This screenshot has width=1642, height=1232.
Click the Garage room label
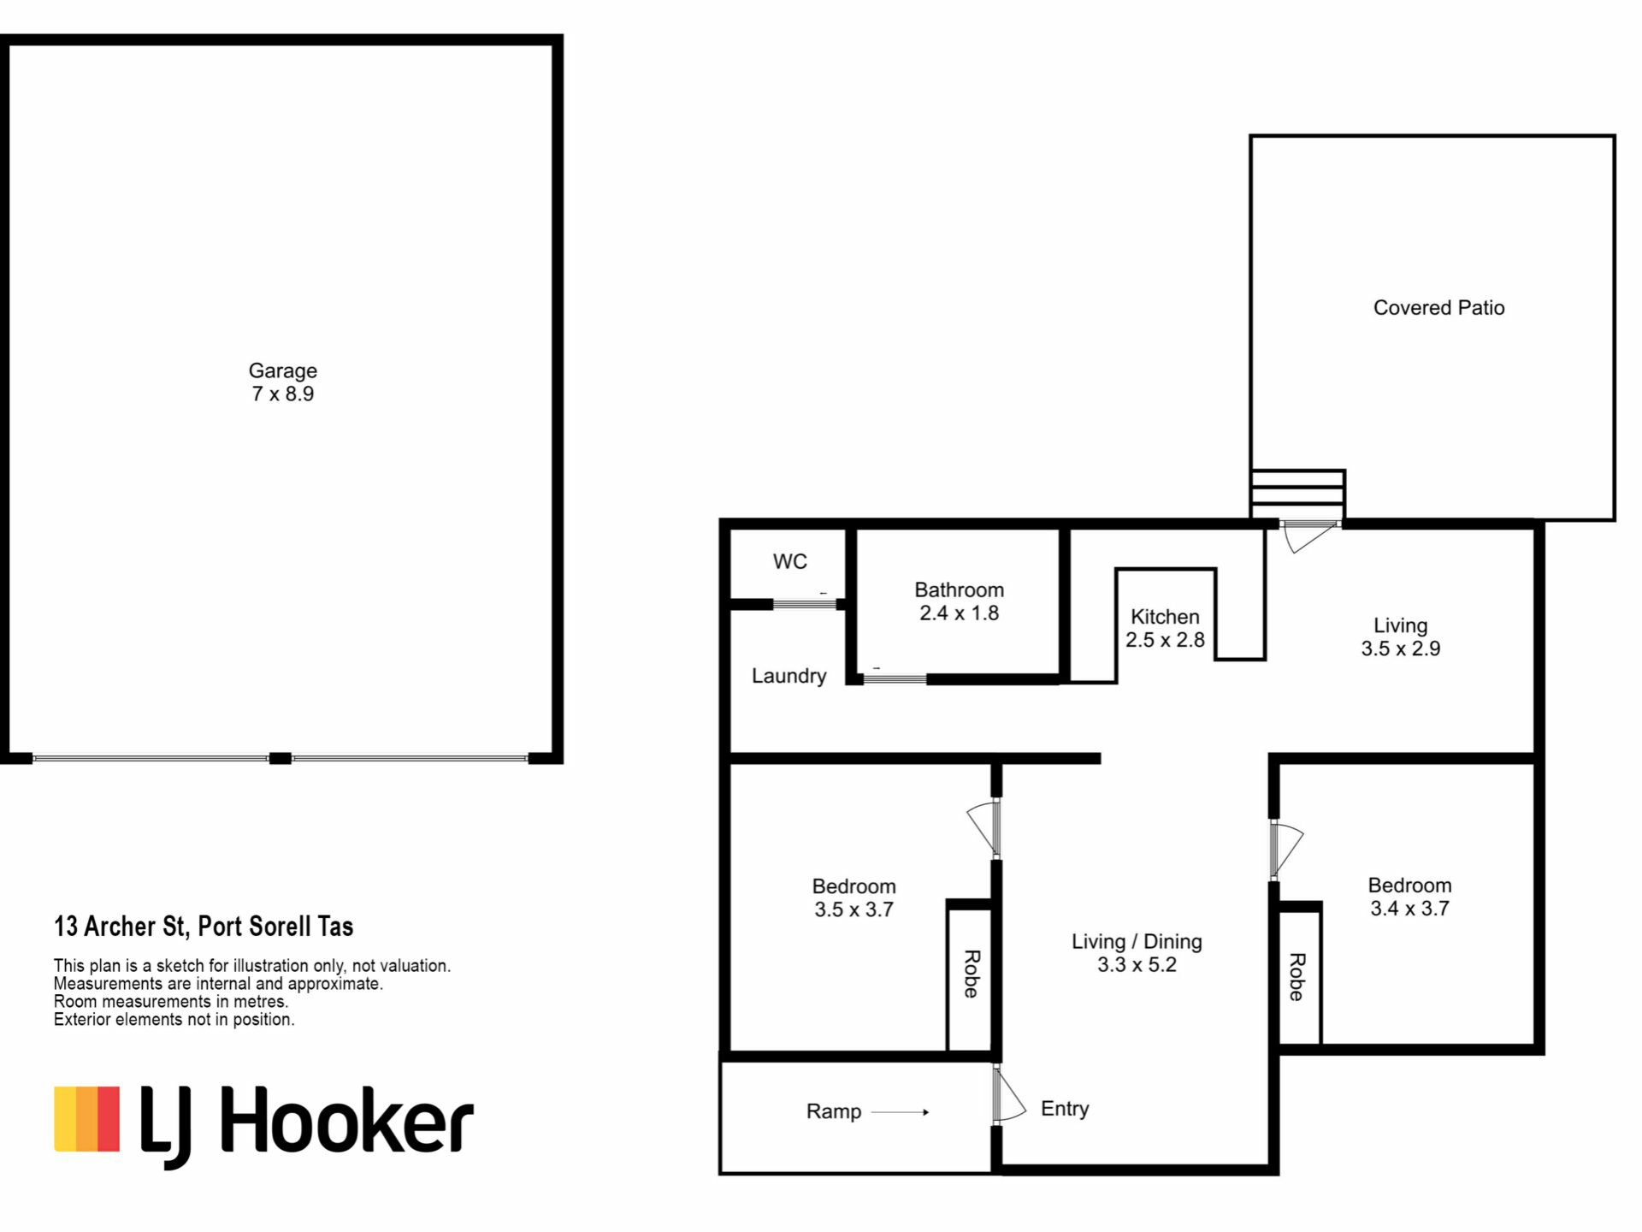click(x=282, y=371)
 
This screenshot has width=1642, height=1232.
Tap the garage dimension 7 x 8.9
click(x=282, y=394)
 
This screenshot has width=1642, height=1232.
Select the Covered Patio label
click(x=1438, y=308)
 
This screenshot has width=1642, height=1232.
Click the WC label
click(x=789, y=562)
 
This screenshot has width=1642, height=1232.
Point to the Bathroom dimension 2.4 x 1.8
click(x=959, y=613)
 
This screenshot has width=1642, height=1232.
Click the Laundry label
click(x=789, y=677)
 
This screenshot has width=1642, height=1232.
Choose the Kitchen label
click(x=1165, y=617)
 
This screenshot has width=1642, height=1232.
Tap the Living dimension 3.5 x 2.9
click(x=1401, y=649)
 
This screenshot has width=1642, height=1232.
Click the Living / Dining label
click(x=1137, y=942)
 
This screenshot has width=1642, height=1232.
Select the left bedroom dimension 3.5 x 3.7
click(x=853, y=910)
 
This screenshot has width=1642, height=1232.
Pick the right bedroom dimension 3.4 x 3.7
click(x=1409, y=909)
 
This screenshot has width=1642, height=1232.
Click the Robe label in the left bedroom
click(x=972, y=974)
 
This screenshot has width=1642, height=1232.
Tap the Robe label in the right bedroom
click(x=1296, y=977)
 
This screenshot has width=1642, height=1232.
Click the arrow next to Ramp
click(x=900, y=1112)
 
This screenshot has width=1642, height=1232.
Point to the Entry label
click(x=1065, y=1109)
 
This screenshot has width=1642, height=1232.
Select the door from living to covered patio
click(x=1308, y=535)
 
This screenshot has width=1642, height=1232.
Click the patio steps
click(x=1298, y=495)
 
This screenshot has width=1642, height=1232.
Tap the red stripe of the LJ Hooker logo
click(x=109, y=1119)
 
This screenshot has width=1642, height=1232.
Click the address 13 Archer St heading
click(x=204, y=927)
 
